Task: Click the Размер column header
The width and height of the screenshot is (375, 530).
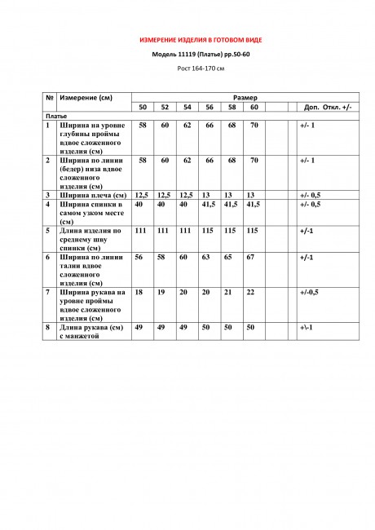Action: tap(245, 98)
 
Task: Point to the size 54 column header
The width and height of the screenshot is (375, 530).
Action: tap(187, 108)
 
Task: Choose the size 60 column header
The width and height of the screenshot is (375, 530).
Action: tap(254, 108)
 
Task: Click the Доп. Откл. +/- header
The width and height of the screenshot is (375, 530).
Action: tap(327, 108)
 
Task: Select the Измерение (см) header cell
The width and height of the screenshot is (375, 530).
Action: tap(86, 98)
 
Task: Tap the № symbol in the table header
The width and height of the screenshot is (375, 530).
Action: tap(50, 98)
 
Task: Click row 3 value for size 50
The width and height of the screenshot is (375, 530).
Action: tap(142, 196)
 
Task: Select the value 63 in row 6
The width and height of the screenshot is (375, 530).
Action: tap(210, 257)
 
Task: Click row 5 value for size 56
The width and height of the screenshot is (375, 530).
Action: tap(210, 231)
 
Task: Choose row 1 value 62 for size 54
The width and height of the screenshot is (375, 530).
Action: tap(187, 126)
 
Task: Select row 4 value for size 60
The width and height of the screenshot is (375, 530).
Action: tap(253, 205)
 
